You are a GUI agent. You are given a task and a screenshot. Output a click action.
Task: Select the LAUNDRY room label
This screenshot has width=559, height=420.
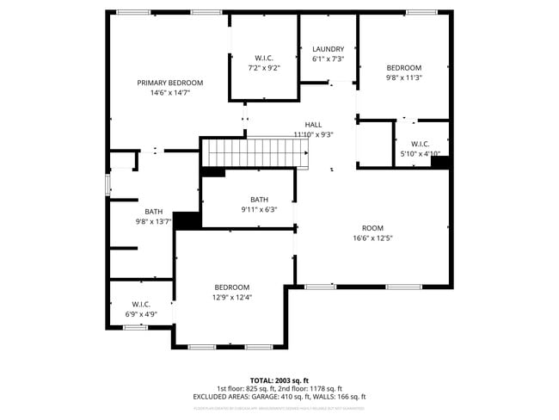tap(328, 49)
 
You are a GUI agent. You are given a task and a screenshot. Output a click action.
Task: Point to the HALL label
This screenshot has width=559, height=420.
tap(313, 125)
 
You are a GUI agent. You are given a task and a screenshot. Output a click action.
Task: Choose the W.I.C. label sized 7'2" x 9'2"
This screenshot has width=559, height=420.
tap(263, 58)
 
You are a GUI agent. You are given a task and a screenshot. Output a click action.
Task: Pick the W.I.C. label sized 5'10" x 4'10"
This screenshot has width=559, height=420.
tap(420, 144)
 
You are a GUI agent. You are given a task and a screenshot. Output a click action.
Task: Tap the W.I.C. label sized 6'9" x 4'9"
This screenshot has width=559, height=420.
tap(141, 304)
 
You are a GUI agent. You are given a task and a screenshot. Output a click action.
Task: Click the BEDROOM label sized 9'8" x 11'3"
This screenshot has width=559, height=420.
tap(403, 68)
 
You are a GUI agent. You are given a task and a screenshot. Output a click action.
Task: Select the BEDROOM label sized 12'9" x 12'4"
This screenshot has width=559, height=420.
tap(232, 287)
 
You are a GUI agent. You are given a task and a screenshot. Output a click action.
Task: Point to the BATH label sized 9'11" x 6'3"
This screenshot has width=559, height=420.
tap(259, 200)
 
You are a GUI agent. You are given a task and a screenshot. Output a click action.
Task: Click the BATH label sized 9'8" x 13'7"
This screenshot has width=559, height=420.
tap(153, 212)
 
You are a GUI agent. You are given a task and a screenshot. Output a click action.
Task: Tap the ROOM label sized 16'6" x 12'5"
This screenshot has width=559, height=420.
tap(372, 228)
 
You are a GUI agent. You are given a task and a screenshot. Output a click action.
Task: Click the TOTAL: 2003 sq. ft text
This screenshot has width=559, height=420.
tap(279, 380)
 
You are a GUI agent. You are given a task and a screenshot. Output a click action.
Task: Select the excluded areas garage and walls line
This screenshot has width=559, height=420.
tap(279, 397)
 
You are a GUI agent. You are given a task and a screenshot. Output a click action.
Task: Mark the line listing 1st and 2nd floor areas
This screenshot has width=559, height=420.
tap(279, 388)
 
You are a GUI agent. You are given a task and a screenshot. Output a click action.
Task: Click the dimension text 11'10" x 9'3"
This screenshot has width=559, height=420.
tap(313, 134)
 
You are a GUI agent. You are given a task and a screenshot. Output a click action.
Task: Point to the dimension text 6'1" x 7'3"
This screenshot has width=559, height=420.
tap(328, 59)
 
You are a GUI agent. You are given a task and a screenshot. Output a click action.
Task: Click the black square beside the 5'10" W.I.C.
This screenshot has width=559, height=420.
tap(440, 162)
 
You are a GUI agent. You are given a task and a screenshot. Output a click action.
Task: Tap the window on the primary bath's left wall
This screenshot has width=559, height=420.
tap(107, 184)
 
